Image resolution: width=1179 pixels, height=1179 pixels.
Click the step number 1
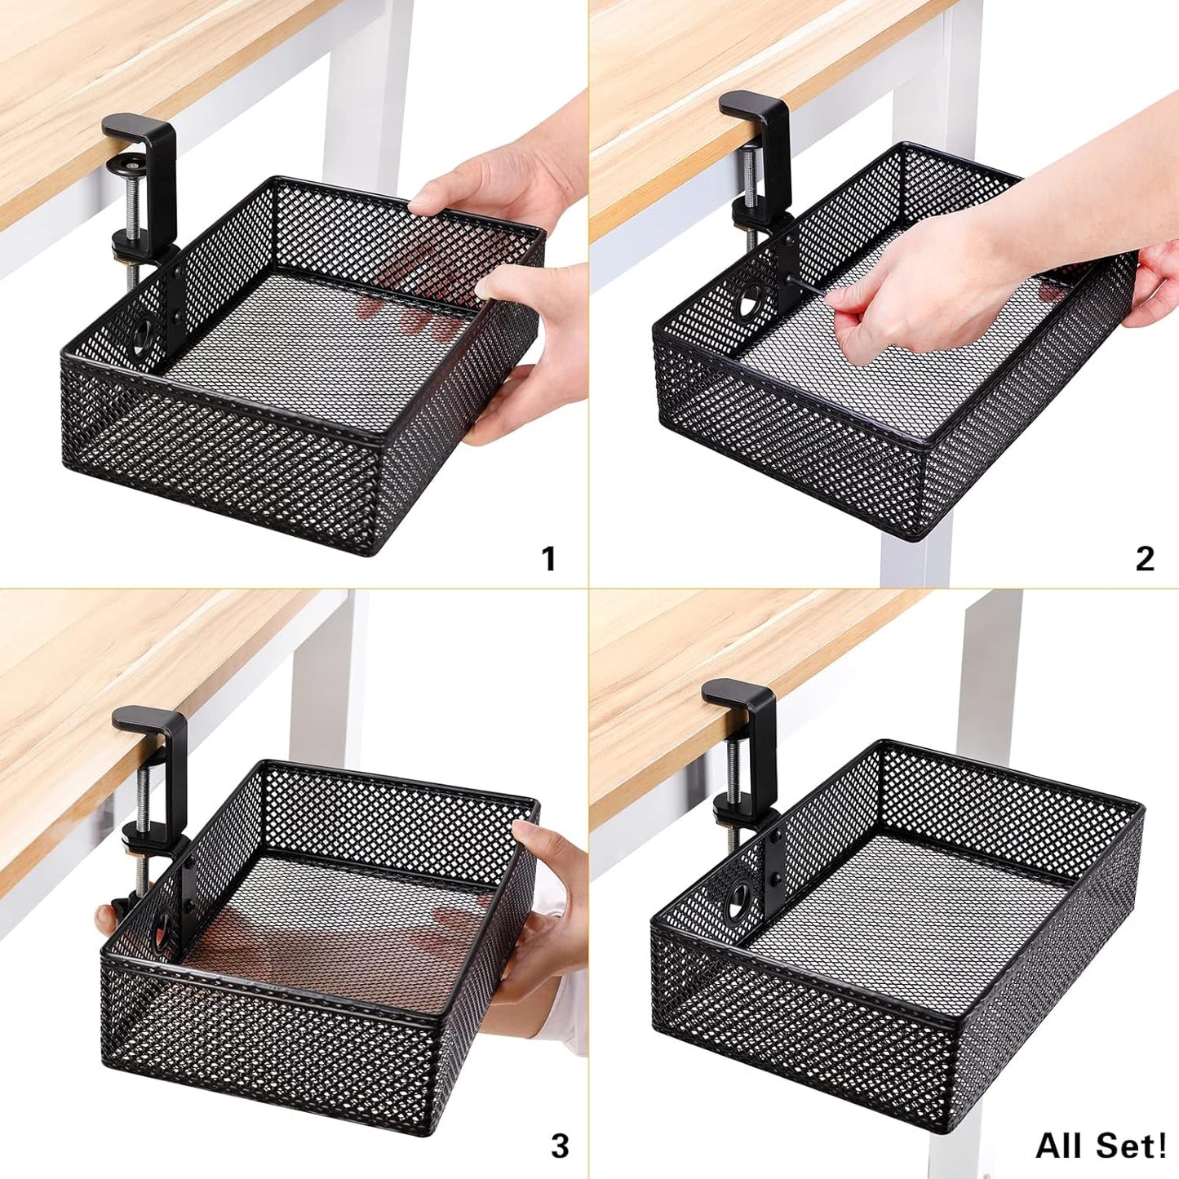tap(548, 559)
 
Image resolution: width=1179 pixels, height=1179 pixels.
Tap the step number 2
tap(1145, 559)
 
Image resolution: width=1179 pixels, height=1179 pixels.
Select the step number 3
tap(559, 1146)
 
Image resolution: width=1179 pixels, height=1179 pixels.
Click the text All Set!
tap(1101, 1146)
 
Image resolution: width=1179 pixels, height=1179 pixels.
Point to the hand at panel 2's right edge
tap(1159, 281)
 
